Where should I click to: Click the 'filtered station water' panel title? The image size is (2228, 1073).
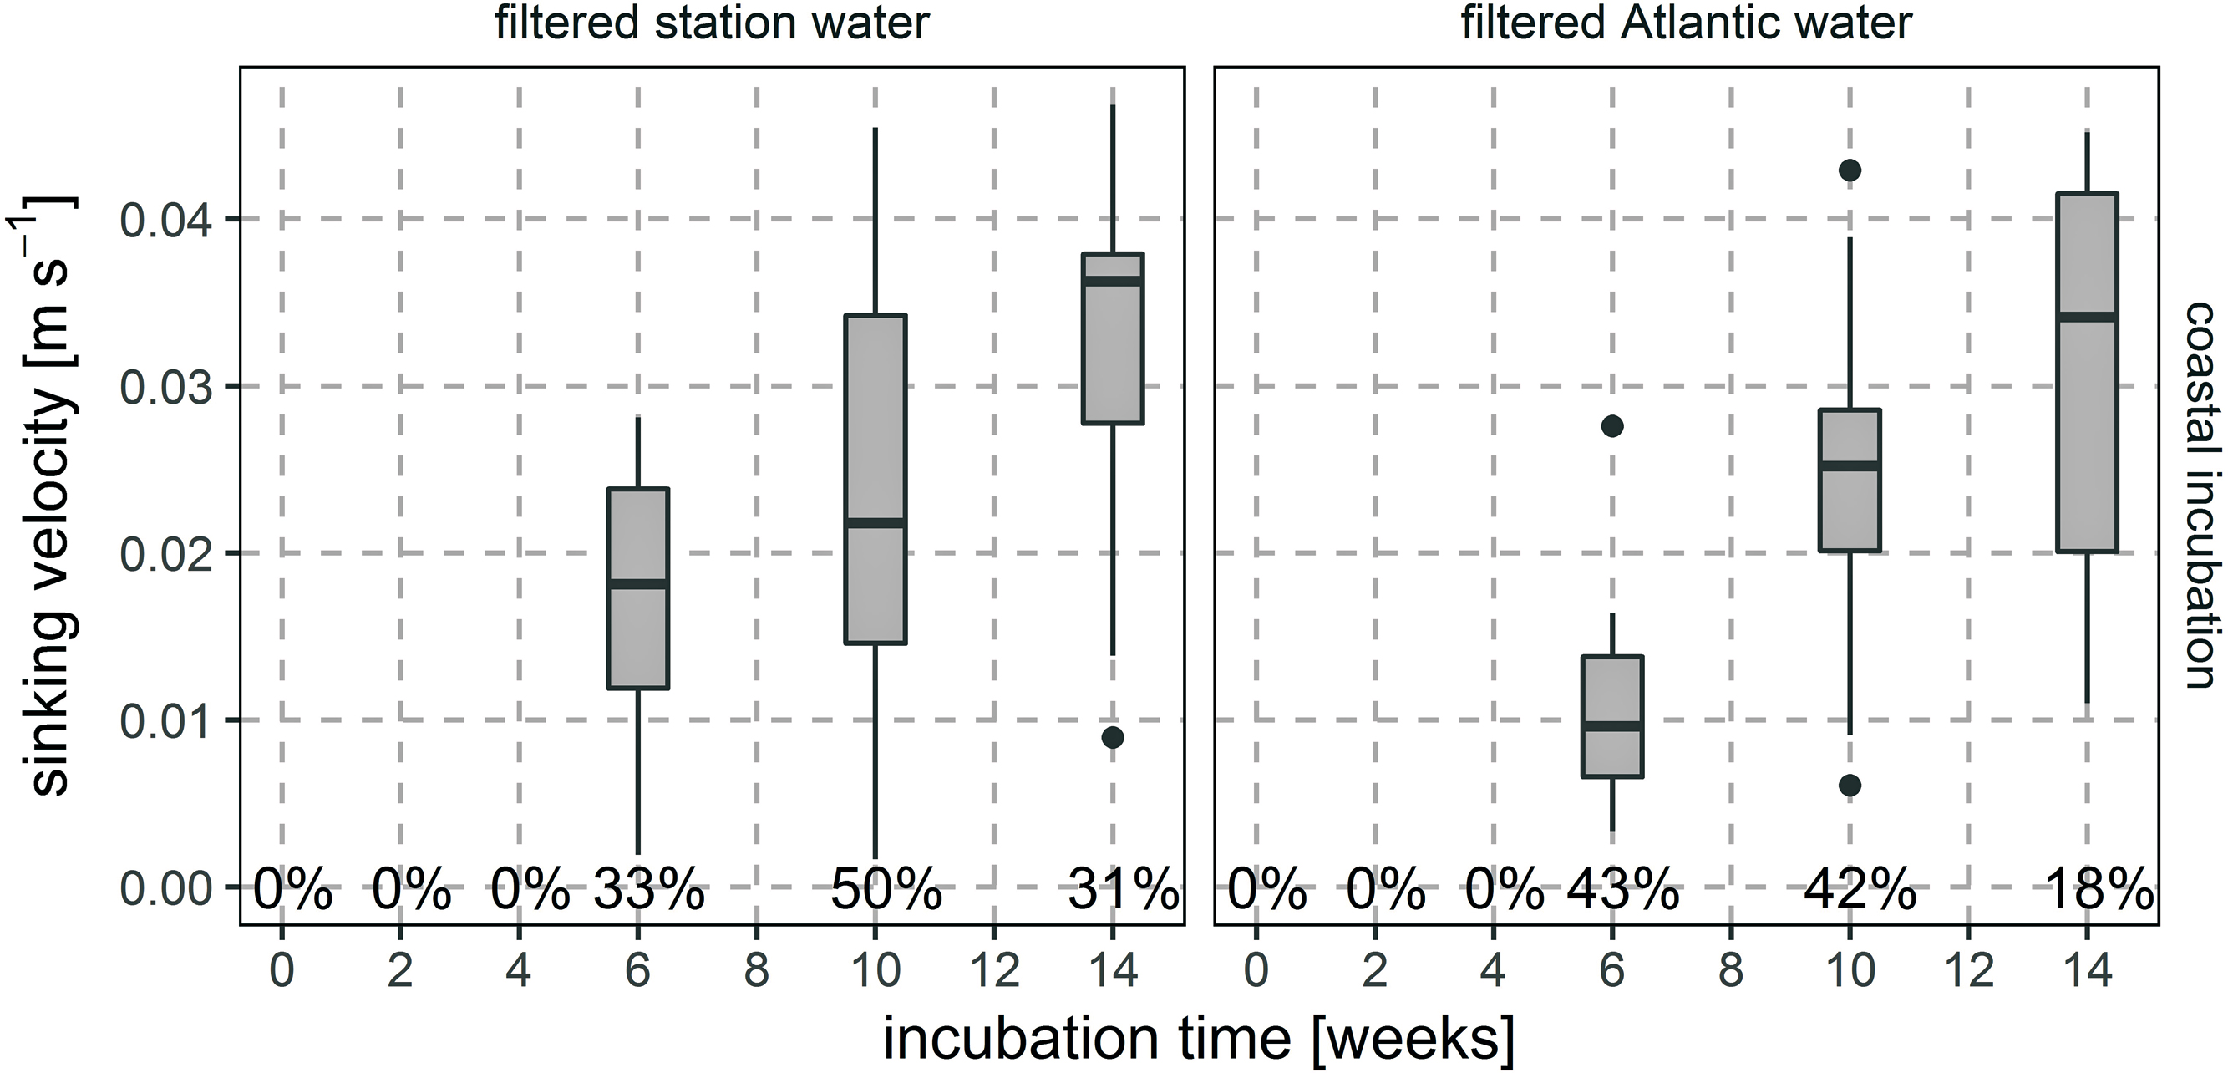pos(711,23)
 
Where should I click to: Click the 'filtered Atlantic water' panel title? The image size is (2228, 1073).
pos(1686,23)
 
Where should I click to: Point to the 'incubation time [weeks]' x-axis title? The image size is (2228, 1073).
pos(1199,1039)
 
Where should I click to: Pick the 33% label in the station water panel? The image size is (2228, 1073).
pos(647,889)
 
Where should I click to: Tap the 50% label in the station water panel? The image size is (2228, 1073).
pos(886,889)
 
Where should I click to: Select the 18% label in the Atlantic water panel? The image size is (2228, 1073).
pos(2098,889)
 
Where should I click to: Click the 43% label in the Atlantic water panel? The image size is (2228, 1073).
pos(1622,889)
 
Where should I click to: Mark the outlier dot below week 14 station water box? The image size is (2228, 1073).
pos(1112,737)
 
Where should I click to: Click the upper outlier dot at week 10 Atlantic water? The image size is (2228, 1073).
pos(1850,170)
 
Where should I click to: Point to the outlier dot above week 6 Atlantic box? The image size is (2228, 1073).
pos(1612,425)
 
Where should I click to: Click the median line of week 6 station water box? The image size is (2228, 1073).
pos(638,584)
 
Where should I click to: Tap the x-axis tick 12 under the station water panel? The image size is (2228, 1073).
pos(994,971)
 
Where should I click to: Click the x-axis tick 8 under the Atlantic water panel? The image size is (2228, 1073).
pos(1731,971)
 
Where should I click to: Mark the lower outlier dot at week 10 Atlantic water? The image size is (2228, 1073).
pos(1850,786)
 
